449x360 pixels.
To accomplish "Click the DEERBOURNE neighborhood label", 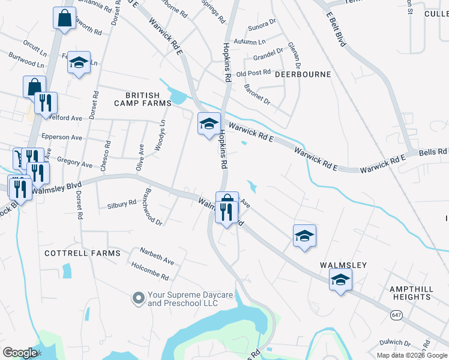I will point(303,74).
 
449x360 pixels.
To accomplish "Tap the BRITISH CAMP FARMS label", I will point(143,99).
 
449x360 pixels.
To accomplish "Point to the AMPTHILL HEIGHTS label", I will point(411,293).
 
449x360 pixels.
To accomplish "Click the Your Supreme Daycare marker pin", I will point(139,298).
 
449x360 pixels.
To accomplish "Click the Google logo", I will point(20,353).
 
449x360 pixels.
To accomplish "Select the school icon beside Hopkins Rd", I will point(209,124).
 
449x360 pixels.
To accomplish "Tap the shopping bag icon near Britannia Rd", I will point(64,18).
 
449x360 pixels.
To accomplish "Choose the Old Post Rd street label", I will point(254,73).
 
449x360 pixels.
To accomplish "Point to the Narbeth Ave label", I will point(157,256).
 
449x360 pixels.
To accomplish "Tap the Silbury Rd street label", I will point(121,204).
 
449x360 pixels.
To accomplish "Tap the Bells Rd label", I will point(436,152).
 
